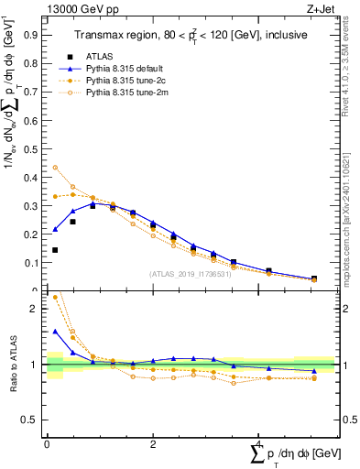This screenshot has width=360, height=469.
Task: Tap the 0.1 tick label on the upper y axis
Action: click(32, 263)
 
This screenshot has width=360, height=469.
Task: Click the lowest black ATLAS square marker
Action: click(55, 250)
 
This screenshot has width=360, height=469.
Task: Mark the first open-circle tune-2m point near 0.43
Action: click(55, 168)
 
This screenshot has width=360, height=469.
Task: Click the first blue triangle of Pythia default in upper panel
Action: click(55, 229)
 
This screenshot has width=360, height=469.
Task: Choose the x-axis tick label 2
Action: click(153, 443)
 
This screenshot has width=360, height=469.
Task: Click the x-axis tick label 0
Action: click(47, 443)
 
